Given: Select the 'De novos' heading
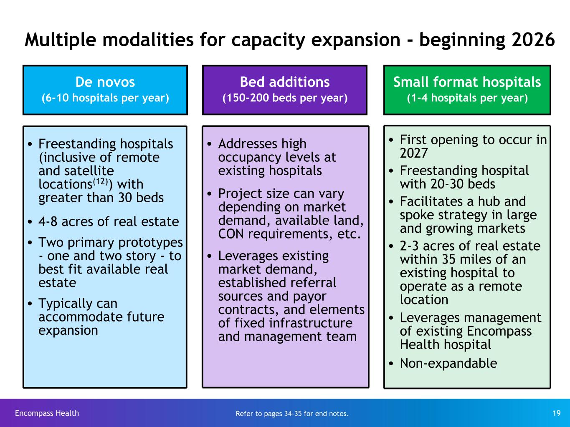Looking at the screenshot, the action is (105, 82).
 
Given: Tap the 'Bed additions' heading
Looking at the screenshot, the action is (285, 82).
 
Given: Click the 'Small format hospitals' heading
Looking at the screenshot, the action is (467, 82).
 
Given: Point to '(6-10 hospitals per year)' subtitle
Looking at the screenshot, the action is (105, 98).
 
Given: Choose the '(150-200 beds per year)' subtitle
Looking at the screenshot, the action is (285, 98).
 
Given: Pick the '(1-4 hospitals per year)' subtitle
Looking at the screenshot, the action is (467, 98).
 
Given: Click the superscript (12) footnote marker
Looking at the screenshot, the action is (100, 181).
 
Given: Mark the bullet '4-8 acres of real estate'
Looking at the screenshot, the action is (109, 222).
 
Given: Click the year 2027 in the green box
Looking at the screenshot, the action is (413, 153).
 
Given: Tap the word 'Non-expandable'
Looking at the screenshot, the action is (448, 363).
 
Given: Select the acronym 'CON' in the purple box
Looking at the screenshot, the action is (231, 234).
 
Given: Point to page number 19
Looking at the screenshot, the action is (556, 413).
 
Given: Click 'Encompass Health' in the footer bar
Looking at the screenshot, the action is (47, 413).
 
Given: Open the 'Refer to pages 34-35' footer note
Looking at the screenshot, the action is (292, 414).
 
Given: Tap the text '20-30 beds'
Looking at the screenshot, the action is (463, 184).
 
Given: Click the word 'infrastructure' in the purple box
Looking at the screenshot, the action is (311, 323).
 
